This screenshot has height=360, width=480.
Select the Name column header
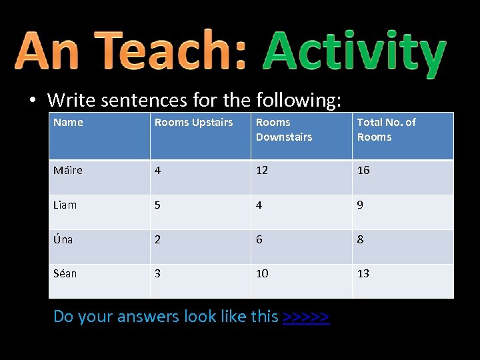(68, 122)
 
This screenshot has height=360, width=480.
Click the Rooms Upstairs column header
(193, 122)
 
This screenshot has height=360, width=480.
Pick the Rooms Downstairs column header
(283, 129)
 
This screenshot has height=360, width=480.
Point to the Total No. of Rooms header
(386, 129)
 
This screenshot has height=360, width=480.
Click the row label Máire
(68, 170)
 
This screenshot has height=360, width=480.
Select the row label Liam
(65, 205)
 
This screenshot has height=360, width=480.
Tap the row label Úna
(63, 239)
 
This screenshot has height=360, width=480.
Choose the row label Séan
(65, 273)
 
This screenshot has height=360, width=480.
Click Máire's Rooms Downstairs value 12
(262, 170)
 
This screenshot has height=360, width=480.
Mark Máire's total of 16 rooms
(363, 170)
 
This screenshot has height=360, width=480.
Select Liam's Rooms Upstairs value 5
(157, 205)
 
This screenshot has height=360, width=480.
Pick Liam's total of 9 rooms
(360, 205)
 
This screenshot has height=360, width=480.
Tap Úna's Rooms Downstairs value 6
(259, 239)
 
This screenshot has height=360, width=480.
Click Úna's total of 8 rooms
(360, 239)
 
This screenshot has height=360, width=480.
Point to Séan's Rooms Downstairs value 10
(262, 273)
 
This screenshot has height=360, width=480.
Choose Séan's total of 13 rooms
(363, 273)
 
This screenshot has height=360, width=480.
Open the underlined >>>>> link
(306, 316)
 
